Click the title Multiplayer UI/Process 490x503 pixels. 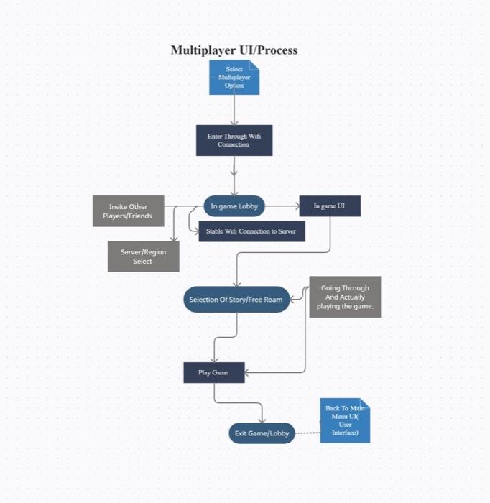pyautogui.click(x=234, y=50)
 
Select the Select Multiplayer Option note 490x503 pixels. pyautogui.click(x=234, y=78)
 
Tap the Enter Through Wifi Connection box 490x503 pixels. pyautogui.click(x=234, y=140)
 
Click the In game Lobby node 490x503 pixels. pyautogui.click(x=234, y=206)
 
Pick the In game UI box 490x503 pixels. pyautogui.click(x=330, y=206)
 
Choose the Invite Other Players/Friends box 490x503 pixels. pyautogui.click(x=128, y=211)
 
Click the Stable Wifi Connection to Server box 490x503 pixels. pyautogui.click(x=251, y=231)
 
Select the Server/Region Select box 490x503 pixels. pyautogui.click(x=143, y=257)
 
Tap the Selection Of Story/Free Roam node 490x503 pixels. pyautogui.click(x=236, y=300)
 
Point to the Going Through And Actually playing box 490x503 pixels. pyautogui.click(x=345, y=297)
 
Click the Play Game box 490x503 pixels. pyautogui.click(x=214, y=373)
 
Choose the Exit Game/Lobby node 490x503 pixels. pyautogui.click(x=262, y=433)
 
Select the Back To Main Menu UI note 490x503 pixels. pyautogui.click(x=345, y=420)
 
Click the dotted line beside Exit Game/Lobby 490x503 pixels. pyautogui.click(x=308, y=433)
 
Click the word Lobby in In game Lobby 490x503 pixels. pyautogui.click(x=248, y=206)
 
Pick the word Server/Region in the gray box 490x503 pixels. pyautogui.click(x=143, y=252)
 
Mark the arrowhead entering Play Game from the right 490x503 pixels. pyautogui.click(x=247, y=373)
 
